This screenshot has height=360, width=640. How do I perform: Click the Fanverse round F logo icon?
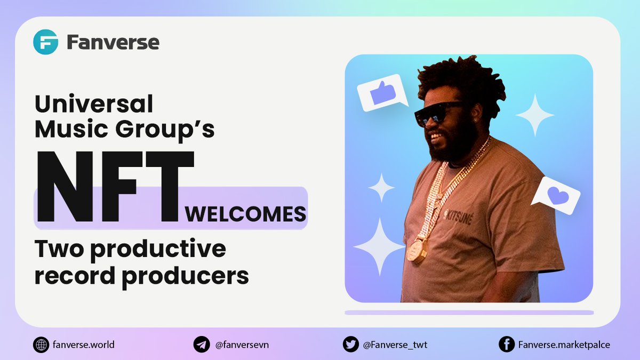45,42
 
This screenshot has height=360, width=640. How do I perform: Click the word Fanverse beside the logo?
113,42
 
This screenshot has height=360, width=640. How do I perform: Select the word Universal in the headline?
94,103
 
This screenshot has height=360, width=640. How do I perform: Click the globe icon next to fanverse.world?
41,345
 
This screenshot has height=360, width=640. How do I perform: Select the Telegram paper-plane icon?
201,345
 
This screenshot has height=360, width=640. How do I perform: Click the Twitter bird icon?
350,345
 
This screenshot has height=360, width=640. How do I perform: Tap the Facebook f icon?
506,345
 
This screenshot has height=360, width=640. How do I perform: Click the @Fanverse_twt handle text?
395,345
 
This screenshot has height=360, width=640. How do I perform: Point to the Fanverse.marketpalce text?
564,345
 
